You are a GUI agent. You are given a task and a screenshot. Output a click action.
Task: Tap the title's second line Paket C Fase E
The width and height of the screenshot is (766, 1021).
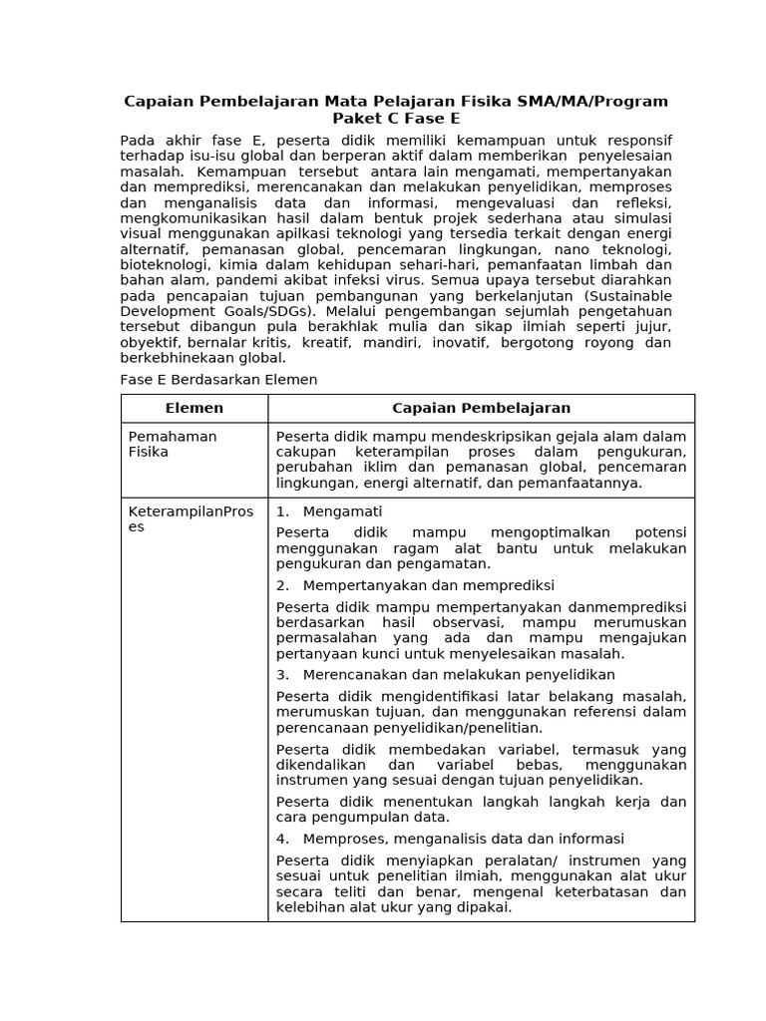tap(396, 119)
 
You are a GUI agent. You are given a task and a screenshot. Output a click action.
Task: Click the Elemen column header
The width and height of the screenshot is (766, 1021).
tap(194, 408)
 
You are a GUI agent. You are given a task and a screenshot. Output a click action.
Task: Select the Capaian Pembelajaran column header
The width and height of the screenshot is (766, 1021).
tap(481, 408)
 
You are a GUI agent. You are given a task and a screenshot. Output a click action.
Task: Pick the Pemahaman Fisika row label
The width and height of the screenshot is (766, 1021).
tap(173, 444)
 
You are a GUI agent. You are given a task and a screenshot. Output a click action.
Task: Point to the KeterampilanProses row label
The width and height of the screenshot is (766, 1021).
tap(191, 519)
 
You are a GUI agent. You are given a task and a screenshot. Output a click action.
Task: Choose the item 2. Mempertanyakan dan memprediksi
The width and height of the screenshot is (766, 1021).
tap(415, 585)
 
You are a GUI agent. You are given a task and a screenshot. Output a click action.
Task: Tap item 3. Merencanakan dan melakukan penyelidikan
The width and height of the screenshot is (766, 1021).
tap(445, 675)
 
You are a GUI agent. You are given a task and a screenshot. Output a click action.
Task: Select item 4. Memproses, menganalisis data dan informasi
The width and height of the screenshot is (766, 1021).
tap(450, 839)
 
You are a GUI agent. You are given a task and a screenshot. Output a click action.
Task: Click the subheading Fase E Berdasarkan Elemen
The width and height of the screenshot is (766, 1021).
tap(218, 380)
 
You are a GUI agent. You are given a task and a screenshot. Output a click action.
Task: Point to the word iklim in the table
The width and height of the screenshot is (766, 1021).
tap(379, 467)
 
